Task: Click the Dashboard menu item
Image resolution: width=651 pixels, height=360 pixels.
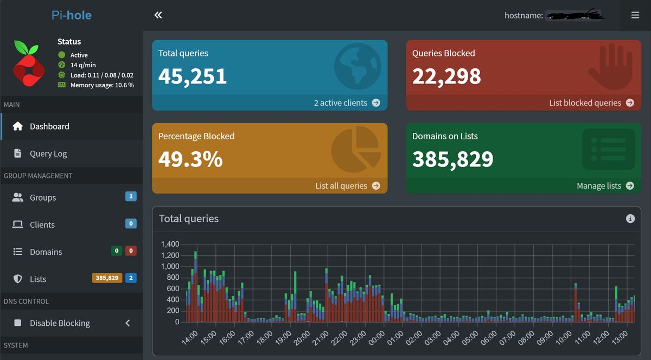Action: [49, 126]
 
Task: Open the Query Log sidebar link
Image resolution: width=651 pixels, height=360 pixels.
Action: [48, 153]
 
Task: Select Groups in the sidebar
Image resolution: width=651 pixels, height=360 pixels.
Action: [43, 197]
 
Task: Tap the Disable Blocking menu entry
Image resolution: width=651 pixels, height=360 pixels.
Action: [60, 323]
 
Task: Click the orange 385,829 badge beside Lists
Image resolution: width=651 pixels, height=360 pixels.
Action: [107, 278]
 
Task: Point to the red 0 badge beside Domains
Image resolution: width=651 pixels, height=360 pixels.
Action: [131, 251]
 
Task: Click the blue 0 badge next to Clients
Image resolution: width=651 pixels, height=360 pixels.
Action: [131, 223]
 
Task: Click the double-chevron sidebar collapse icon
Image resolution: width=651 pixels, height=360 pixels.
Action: [158, 15]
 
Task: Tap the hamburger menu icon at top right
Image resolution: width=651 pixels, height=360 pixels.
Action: [635, 15]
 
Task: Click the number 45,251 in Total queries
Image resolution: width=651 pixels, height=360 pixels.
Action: [193, 76]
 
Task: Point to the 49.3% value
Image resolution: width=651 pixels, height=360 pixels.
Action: [190, 159]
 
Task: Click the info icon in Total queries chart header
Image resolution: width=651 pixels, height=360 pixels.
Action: [630, 218]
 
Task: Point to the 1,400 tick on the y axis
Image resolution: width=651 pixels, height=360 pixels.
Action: [170, 244]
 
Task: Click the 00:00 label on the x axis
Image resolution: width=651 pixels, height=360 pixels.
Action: [376, 338]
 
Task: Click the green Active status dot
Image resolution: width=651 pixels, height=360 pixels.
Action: [62, 55]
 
